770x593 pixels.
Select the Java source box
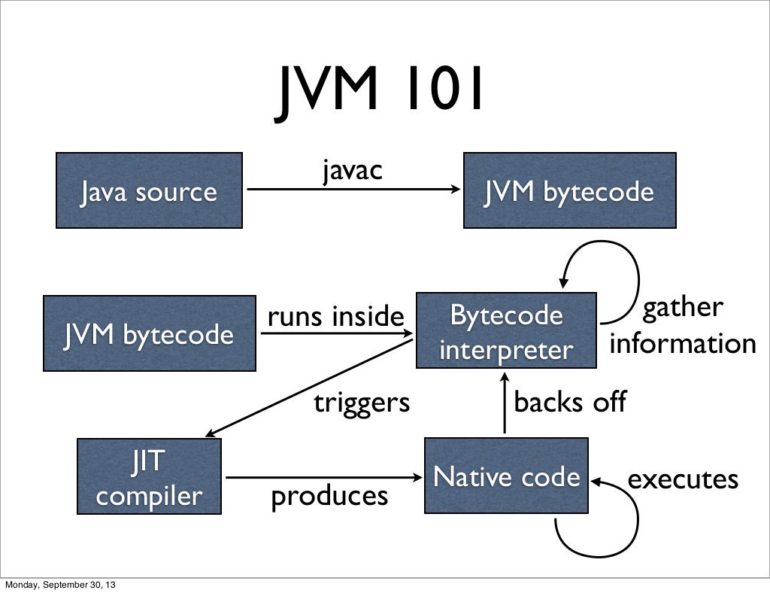[x=149, y=190]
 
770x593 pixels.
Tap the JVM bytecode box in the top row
[x=569, y=190]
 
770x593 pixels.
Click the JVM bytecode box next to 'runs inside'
[x=149, y=333]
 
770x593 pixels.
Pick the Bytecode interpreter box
[x=506, y=331]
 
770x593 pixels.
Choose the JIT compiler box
[x=149, y=477]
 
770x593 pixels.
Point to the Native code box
[x=506, y=476]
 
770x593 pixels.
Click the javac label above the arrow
[x=353, y=171]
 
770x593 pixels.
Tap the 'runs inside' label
[x=335, y=317]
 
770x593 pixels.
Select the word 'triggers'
[x=362, y=403]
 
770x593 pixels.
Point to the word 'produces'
[x=329, y=496]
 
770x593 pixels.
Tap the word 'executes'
[x=683, y=479]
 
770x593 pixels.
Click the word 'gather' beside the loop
[x=682, y=308]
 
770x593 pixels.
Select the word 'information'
[x=683, y=344]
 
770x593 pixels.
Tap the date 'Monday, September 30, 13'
[x=61, y=585]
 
